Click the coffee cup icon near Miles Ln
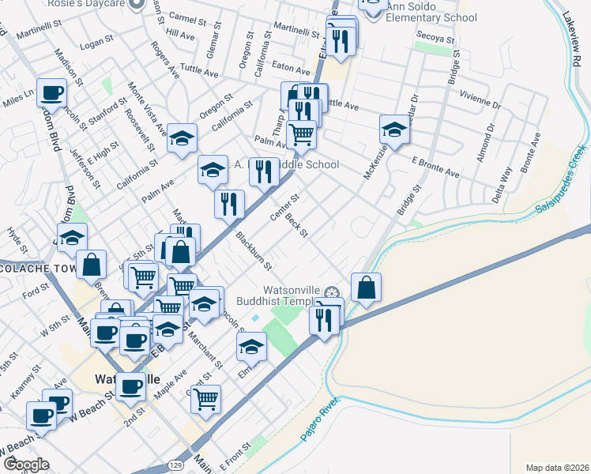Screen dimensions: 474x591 point(52,93)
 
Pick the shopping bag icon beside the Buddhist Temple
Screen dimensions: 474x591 point(366,289)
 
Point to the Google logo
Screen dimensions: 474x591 point(26,465)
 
